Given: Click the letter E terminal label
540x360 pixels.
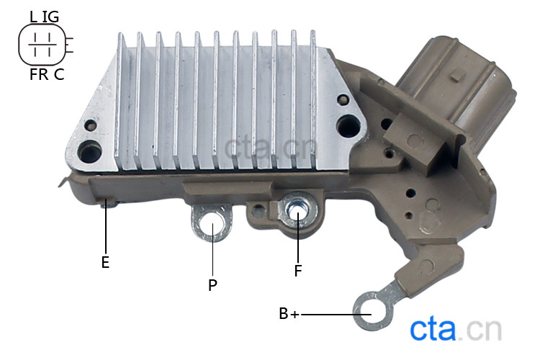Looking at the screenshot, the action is [105, 262].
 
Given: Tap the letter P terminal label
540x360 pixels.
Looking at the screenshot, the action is [213, 285].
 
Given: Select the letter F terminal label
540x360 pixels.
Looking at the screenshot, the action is [298, 271].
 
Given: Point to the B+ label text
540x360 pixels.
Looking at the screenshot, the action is [289, 314].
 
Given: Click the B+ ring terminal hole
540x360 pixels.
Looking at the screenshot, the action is [372, 312].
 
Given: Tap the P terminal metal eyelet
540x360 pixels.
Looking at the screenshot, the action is [212, 223].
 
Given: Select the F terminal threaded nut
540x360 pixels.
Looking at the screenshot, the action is [298, 211].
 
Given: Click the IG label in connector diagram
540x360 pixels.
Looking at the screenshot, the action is [50, 17].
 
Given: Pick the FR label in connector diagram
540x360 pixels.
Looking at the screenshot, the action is [39, 74].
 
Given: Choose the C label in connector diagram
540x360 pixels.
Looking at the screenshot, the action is [59, 74].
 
